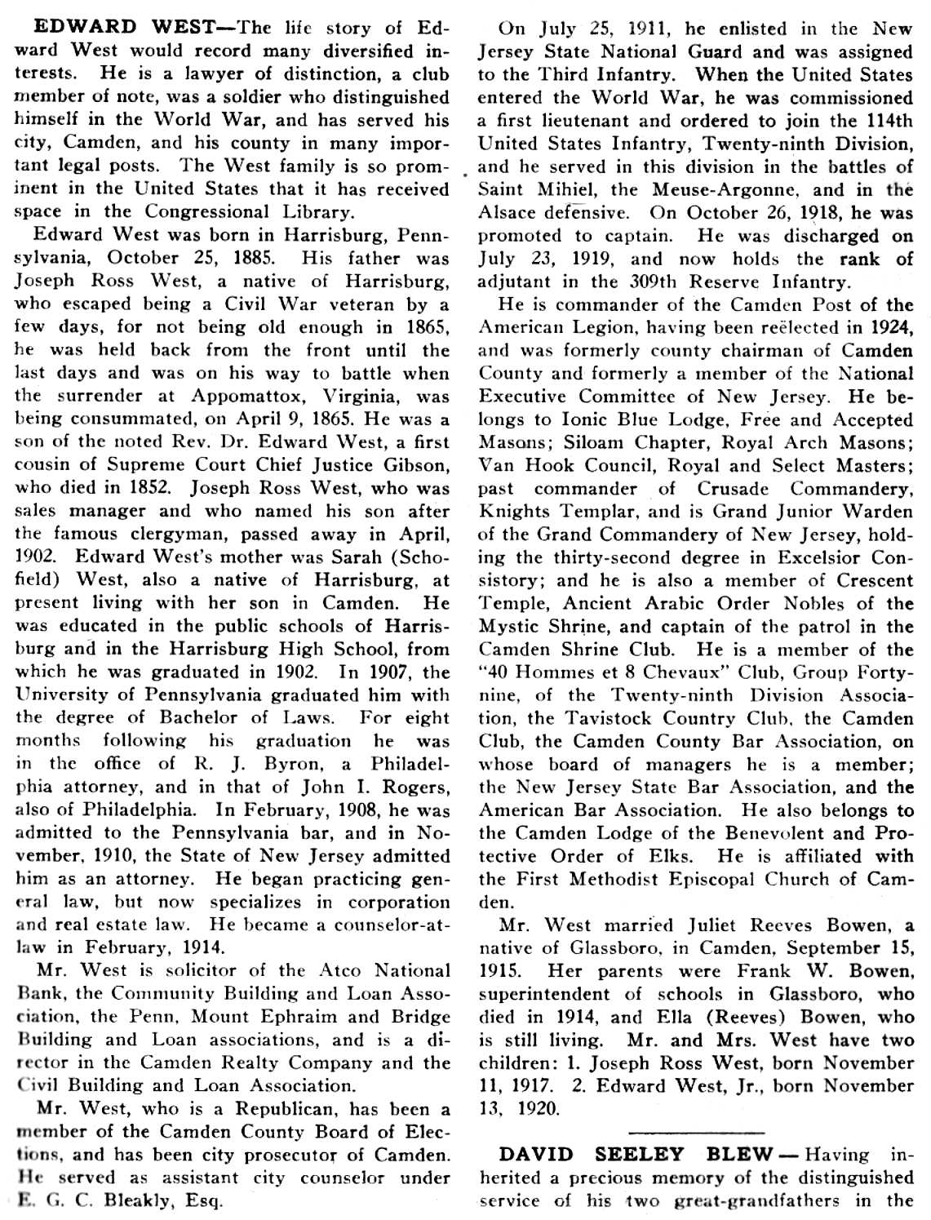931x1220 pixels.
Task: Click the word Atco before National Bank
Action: tap(339, 970)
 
